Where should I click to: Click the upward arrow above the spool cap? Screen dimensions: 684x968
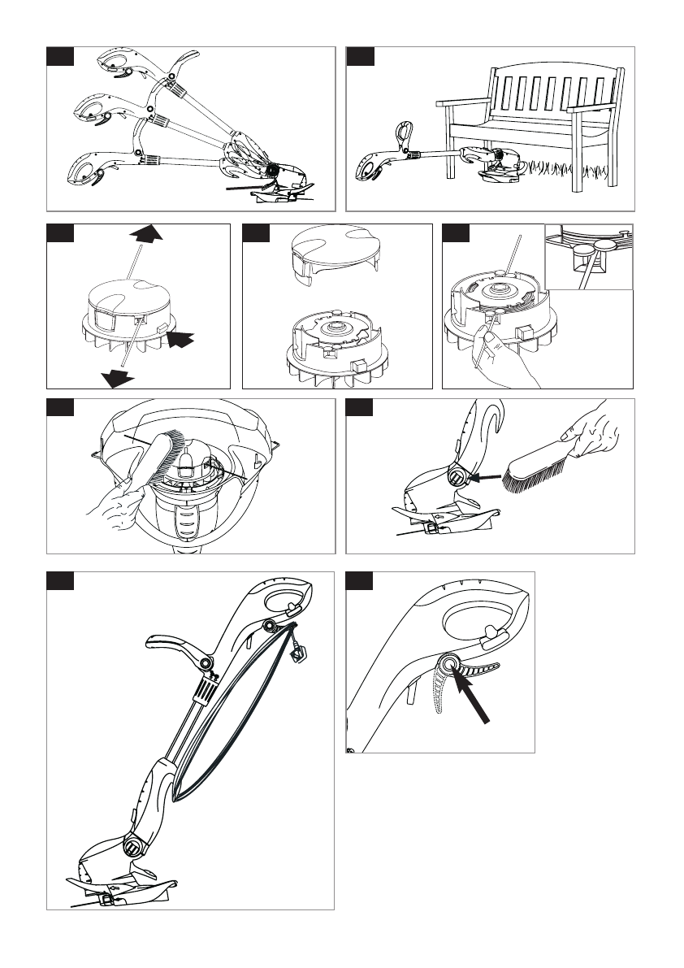point(146,234)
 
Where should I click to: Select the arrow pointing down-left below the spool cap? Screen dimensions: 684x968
point(115,376)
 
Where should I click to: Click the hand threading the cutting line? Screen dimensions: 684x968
point(507,358)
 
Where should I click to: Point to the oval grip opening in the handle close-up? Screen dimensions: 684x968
point(477,621)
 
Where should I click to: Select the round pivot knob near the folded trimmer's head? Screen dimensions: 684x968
point(132,850)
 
